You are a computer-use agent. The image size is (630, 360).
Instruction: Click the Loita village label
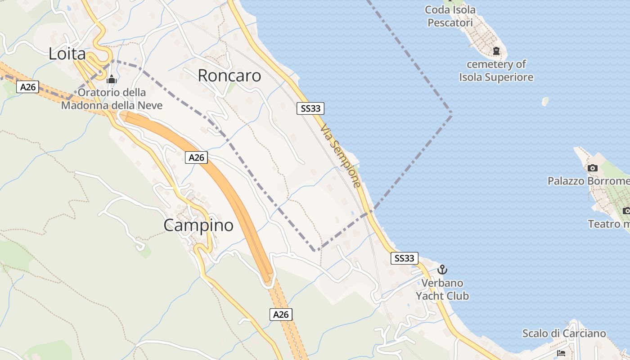pos(67,54)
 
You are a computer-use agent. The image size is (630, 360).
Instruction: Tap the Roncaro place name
pos(229,76)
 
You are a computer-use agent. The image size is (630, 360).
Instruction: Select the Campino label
pos(198,225)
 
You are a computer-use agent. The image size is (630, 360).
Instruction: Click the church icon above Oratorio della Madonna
pos(112,80)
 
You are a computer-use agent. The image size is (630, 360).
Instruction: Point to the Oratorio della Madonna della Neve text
pos(112,99)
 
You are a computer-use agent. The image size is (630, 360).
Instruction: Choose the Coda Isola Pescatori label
pos(450,16)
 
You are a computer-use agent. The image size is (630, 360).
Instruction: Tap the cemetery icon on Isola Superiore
pos(496,51)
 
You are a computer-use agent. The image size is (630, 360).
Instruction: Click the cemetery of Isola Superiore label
pos(496,71)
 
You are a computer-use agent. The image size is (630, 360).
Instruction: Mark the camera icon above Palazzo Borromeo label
pos(593,168)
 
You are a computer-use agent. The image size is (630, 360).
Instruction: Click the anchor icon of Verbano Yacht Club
pos(442,270)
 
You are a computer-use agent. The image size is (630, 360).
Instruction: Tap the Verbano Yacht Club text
pos(442,289)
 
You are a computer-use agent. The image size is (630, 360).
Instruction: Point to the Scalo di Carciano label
pos(564,333)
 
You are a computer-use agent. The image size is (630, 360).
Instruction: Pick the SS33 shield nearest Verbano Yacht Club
pos(404,258)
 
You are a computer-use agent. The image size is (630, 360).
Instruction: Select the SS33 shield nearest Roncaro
pos(310,108)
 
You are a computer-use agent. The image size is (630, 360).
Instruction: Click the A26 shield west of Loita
pos(28,87)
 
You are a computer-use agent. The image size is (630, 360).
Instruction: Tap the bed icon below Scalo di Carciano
pos(561,353)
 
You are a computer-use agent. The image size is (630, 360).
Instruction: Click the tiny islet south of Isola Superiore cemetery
pos(545,101)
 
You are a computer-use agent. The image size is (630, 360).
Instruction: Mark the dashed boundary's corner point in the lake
pos(451,112)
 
